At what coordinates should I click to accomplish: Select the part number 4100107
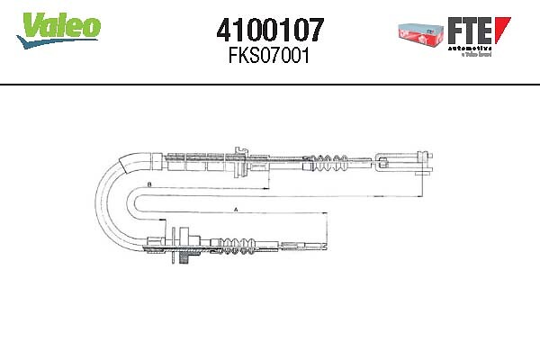coord(271,32)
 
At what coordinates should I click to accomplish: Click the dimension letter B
coord(148,184)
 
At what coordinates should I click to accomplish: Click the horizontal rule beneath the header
coord(270,84)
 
